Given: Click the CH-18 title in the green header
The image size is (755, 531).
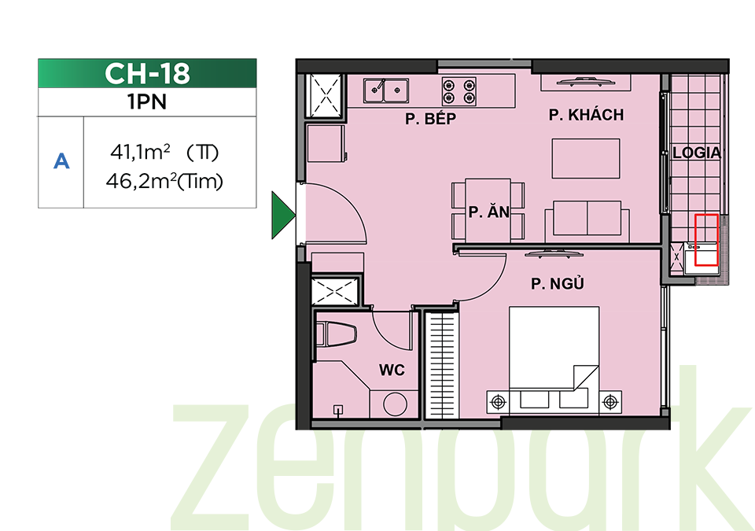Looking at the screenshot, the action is (147, 74).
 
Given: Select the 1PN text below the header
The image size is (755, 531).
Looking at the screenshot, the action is (147, 102).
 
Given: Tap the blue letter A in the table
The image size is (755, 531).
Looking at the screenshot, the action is (61, 161).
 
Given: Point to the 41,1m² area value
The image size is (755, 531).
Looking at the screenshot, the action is (140, 153).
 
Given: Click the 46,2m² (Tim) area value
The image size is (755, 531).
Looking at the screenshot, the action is (164, 182).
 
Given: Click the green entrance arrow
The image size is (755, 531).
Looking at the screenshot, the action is (284, 215).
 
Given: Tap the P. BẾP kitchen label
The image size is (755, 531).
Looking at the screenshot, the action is (430, 119).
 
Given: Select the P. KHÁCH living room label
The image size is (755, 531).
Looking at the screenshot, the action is (586, 115).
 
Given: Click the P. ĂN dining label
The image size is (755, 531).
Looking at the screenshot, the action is (488, 212).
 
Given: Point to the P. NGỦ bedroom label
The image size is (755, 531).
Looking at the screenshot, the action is (558, 283).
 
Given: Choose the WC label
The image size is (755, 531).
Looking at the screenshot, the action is (392, 370).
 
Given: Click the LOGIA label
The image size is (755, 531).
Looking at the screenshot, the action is (696, 153).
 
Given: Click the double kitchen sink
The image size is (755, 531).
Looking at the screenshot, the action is (386, 90).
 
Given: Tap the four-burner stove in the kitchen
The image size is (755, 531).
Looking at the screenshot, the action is (459, 92).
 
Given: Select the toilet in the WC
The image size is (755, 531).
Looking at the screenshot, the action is (337, 334).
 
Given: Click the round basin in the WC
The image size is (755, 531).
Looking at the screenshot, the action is (396, 404).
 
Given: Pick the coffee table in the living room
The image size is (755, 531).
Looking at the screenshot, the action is (585, 159).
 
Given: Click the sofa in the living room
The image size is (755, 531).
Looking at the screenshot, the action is (587, 222).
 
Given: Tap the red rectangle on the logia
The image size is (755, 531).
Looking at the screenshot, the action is (706, 240).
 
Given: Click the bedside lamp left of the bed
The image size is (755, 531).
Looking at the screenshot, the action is (498, 401).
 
